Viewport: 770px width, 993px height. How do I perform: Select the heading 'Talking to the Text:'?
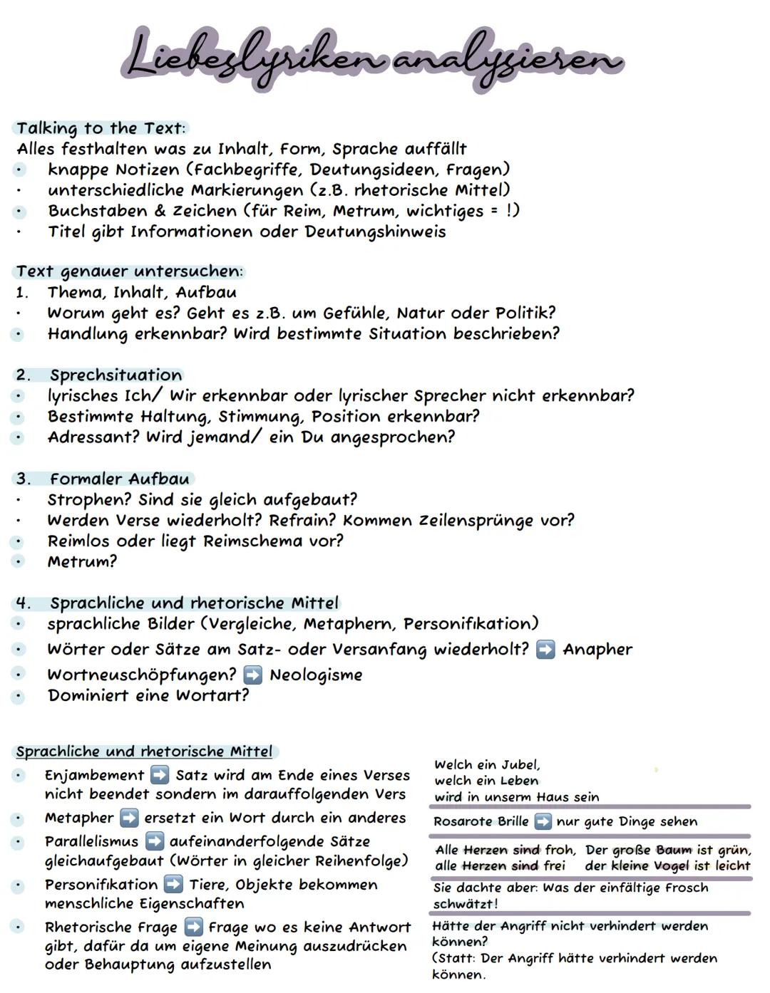(101, 128)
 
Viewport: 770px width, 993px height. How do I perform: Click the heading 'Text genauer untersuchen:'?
(130, 271)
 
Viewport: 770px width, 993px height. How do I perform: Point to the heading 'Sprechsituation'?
(115, 375)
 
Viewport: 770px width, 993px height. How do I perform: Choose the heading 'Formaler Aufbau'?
(119, 479)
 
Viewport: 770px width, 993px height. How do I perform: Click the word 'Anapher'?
(597, 650)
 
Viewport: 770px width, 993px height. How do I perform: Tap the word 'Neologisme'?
(315, 675)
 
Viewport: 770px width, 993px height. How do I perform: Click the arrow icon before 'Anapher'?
(545, 650)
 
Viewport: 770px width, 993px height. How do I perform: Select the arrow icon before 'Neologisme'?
(252, 675)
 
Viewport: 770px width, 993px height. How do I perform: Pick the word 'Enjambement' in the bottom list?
(94, 775)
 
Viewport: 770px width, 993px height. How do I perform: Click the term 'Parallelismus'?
(91, 841)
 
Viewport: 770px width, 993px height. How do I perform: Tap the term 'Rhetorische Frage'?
(111, 927)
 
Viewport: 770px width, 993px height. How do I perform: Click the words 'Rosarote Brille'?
(481, 821)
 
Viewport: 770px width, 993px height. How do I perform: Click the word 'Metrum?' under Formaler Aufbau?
(82, 561)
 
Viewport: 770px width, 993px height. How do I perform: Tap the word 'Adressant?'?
(93, 437)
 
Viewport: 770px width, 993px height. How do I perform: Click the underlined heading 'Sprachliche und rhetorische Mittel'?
(144, 752)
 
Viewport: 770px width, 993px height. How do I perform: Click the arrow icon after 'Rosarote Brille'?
(543, 821)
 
